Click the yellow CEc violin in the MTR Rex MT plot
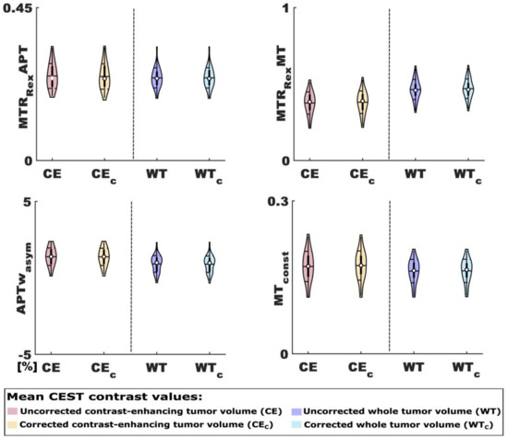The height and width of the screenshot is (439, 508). (x=362, y=101)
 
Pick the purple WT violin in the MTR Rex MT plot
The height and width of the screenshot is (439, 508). (x=415, y=89)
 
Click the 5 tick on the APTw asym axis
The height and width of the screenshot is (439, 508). (x=30, y=200)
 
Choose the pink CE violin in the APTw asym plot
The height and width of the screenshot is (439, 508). (x=52, y=255)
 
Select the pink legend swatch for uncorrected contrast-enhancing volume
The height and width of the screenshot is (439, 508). (x=13, y=410)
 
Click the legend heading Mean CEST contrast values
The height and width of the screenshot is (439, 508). (x=101, y=396)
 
